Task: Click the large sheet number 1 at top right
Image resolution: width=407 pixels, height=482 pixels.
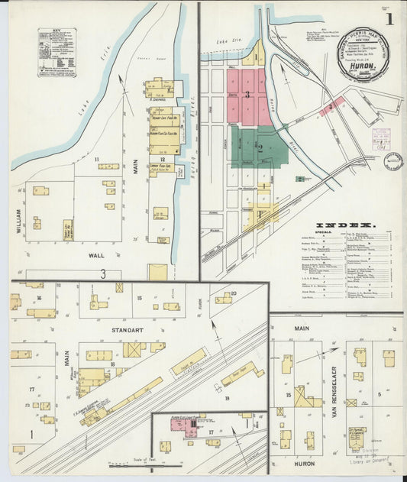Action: (389, 18)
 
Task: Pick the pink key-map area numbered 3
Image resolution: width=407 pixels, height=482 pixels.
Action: (247, 95)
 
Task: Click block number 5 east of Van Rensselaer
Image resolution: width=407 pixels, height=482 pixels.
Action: (379, 394)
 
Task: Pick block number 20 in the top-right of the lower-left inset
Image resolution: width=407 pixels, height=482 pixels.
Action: (234, 293)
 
